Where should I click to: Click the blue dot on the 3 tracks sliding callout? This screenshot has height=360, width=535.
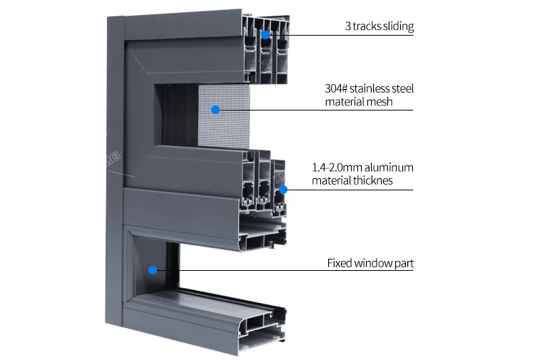(x=265, y=34)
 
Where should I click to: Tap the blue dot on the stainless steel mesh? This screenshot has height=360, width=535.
(x=215, y=109)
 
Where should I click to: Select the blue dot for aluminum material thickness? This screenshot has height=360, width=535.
(x=283, y=190)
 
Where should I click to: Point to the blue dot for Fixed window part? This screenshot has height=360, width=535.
(x=152, y=269)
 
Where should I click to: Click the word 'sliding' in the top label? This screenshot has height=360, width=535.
(x=397, y=27)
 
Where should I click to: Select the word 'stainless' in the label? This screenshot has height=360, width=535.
(x=372, y=89)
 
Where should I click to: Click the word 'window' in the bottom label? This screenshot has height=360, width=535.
(x=374, y=263)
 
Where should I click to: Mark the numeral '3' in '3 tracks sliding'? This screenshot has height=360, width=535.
(x=348, y=27)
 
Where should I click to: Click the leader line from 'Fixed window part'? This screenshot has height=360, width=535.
(x=285, y=269)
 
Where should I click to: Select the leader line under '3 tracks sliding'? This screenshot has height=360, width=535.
(x=342, y=35)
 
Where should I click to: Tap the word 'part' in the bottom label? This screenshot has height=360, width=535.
(x=404, y=263)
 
